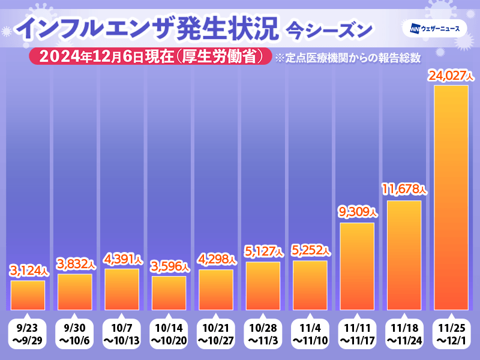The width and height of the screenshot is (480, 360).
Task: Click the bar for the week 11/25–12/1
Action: pyautogui.click(x=450, y=198)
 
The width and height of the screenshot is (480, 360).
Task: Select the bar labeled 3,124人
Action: pyautogui.click(x=28, y=295)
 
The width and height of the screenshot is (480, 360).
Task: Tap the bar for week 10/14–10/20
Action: pyautogui.click(x=169, y=293)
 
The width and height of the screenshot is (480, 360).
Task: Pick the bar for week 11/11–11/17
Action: pyautogui.click(x=357, y=266)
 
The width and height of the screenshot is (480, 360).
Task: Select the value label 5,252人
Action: pyautogui.click(x=310, y=250)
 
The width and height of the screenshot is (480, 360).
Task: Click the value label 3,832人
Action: pyautogui.click(x=75, y=264)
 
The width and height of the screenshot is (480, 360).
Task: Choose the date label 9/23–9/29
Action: pyautogui.click(x=28, y=335)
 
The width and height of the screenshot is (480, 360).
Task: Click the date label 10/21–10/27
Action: pyautogui.click(x=216, y=335)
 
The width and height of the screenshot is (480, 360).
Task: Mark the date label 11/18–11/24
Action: pyautogui.click(x=404, y=335)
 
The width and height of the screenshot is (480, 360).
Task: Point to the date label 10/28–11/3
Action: pyautogui.click(x=263, y=335)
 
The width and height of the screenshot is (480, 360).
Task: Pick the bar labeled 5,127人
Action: pyautogui.click(x=263, y=286)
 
